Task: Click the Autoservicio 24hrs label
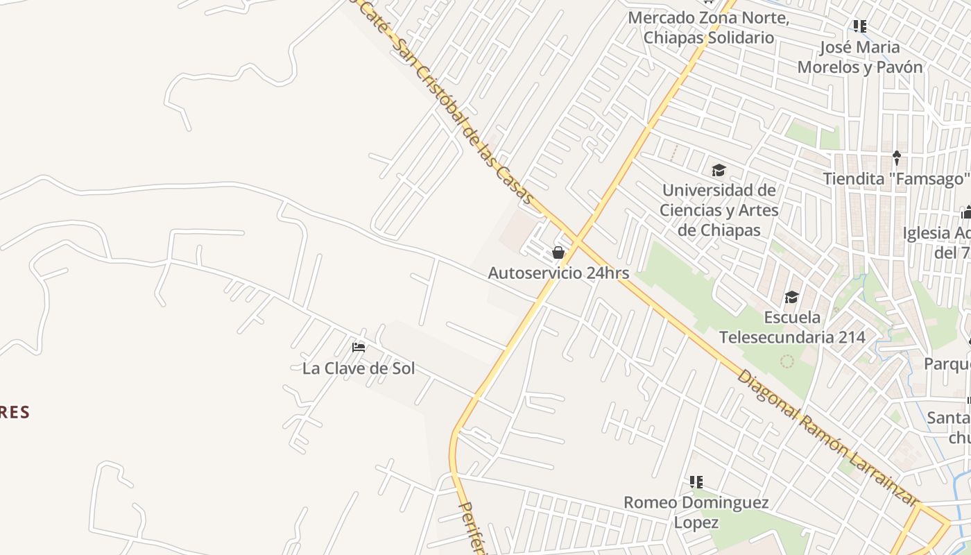pos(558,273)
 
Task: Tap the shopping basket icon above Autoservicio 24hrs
pos(558,253)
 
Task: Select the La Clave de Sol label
pos(359,368)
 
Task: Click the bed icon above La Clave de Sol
pos(359,347)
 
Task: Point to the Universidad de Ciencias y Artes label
pos(719,200)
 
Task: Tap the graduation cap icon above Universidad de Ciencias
pos(719,170)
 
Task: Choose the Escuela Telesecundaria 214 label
pos(792,327)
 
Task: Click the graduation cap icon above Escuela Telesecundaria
pos(791,298)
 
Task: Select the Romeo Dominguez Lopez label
pos(696,512)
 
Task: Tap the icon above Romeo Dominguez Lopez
pos(696,481)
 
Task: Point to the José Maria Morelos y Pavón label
pos(860,57)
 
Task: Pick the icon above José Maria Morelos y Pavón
pos(860,26)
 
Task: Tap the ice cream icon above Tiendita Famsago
pos(896,158)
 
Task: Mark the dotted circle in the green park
pos(787,361)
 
